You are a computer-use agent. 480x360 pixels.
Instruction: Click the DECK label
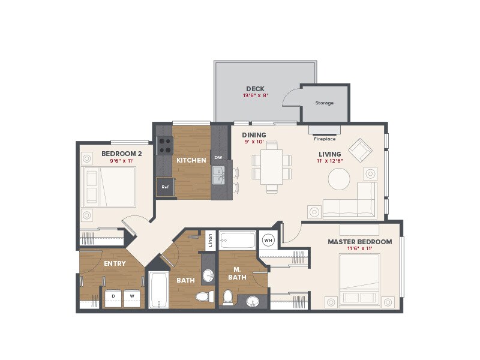point(255,89)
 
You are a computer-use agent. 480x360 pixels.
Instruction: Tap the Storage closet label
point(325,103)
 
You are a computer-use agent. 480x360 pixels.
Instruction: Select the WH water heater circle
point(269,240)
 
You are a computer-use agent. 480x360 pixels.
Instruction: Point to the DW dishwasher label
point(218,158)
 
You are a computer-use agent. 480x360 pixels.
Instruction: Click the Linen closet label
point(210,241)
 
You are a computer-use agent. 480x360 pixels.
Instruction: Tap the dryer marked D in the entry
point(113,297)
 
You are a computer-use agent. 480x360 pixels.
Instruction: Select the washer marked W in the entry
point(131,297)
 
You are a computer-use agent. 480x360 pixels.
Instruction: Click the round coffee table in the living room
point(339,178)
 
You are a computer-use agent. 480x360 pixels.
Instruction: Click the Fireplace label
point(325,139)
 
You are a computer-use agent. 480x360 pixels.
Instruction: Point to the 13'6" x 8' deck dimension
point(255,95)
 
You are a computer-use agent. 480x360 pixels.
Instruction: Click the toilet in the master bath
point(228,296)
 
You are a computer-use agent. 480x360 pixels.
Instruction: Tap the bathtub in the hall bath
point(158,290)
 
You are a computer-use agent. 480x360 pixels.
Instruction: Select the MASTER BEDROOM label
point(359,242)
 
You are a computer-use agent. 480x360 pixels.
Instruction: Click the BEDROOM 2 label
point(122,154)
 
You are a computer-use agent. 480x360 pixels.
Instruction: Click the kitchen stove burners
point(164,146)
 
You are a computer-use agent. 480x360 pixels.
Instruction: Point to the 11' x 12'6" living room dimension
point(330,160)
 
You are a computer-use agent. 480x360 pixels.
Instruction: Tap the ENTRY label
point(115,263)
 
